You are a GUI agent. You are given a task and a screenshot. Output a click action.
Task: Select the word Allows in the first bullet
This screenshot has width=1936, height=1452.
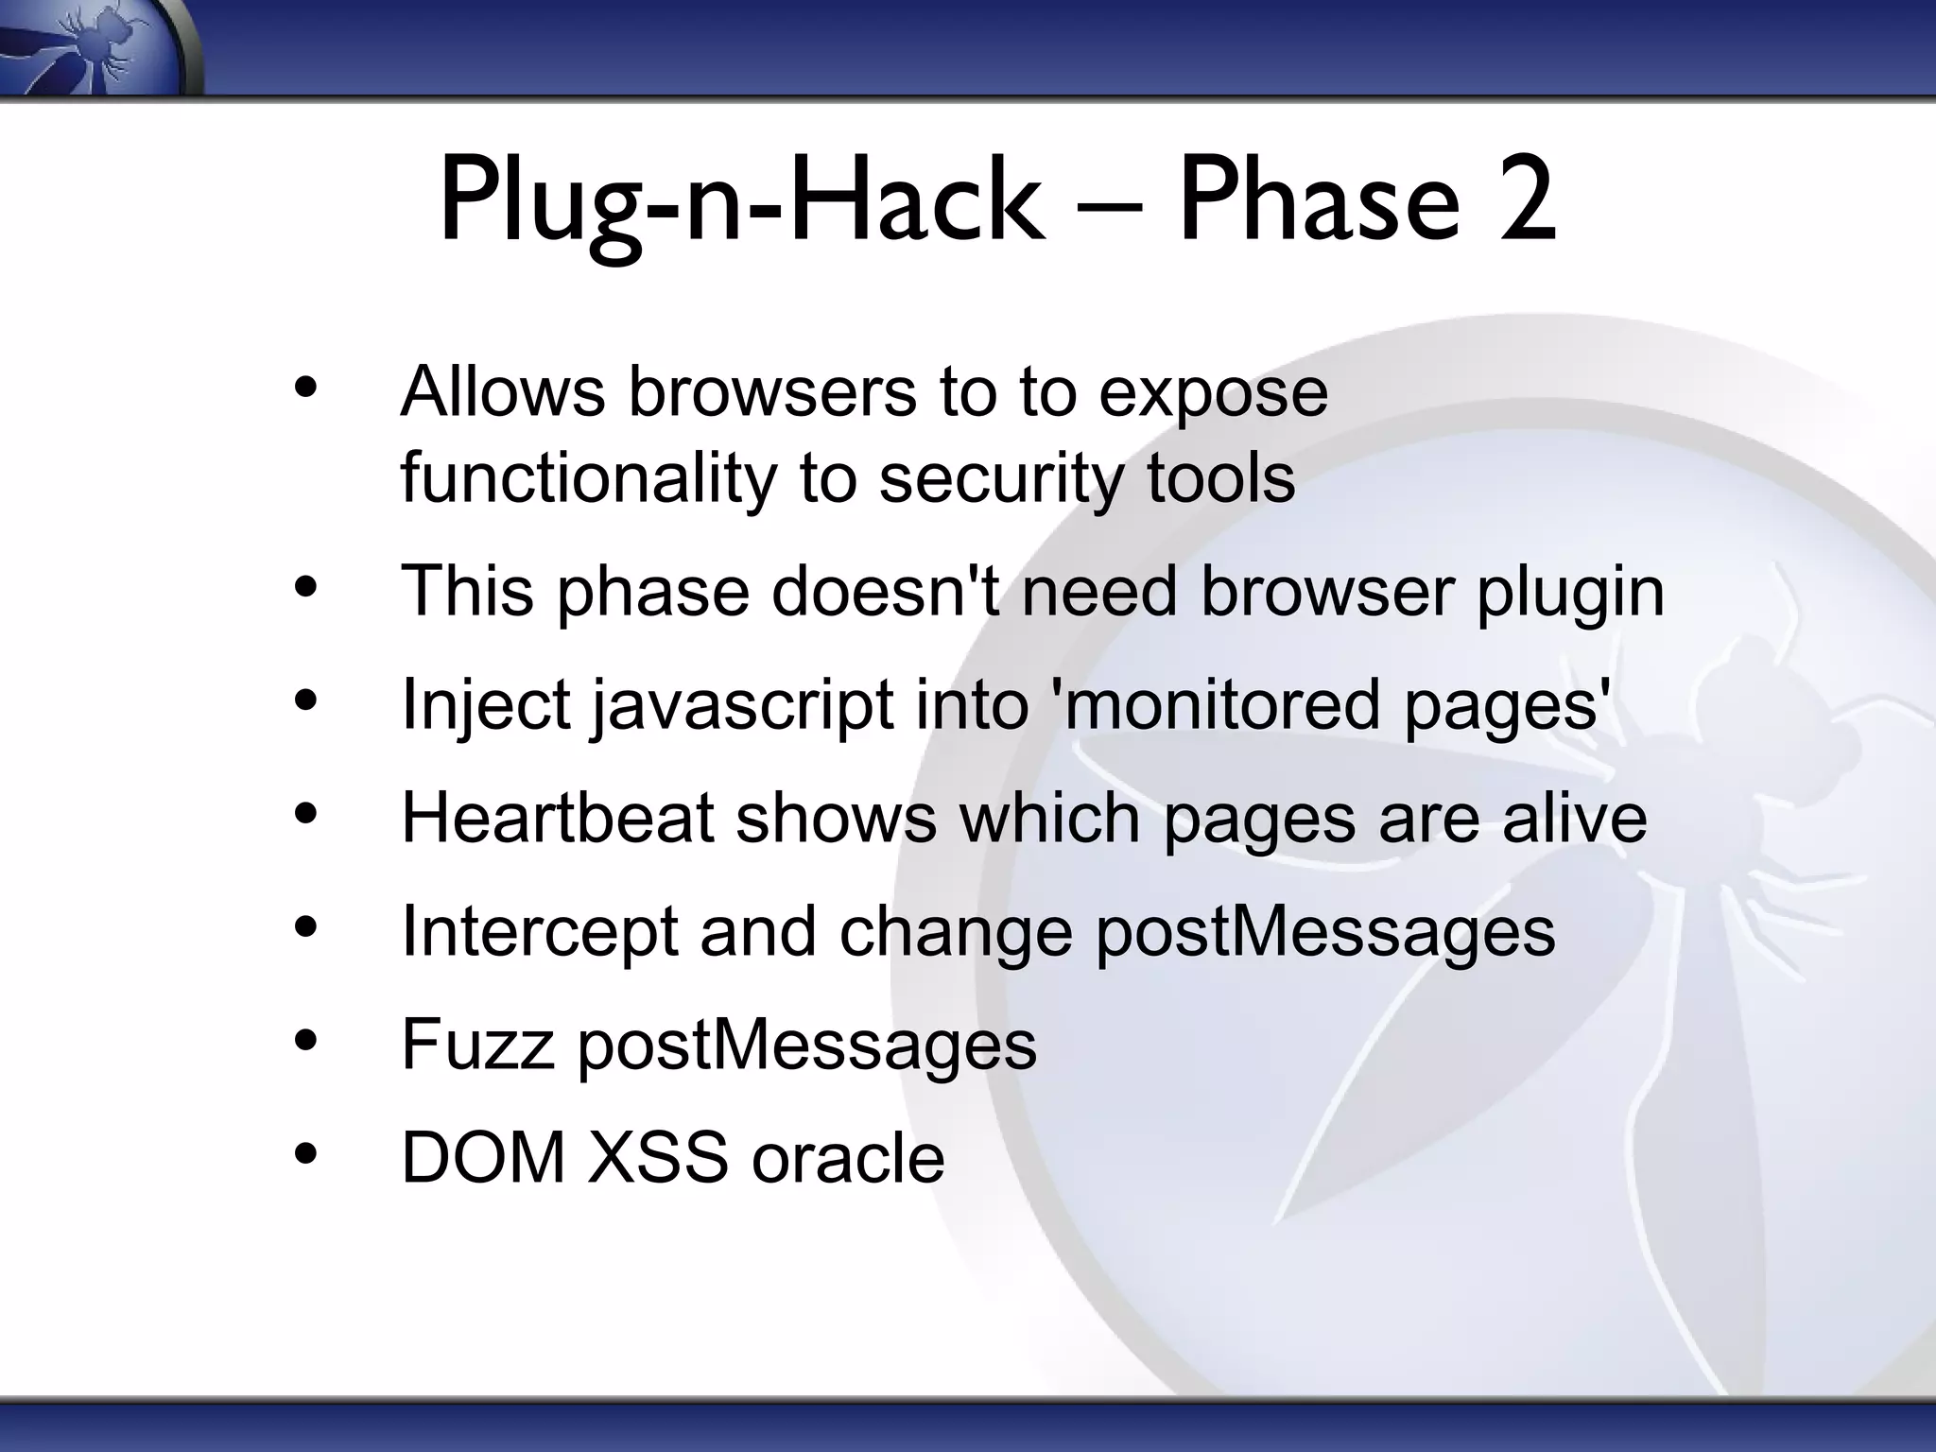click(502, 391)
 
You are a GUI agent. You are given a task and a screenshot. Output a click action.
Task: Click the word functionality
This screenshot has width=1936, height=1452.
click(587, 478)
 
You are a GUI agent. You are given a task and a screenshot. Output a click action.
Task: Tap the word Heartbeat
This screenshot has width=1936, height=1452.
click(557, 819)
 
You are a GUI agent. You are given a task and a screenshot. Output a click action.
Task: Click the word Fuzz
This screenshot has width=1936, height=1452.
click(477, 1045)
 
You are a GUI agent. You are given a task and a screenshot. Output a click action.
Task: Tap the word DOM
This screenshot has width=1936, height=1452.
click(483, 1158)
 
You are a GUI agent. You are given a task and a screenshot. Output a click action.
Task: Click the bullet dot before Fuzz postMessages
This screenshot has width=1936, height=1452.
click(305, 1041)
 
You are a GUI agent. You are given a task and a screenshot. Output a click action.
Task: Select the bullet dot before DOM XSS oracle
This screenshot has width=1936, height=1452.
click(305, 1154)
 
